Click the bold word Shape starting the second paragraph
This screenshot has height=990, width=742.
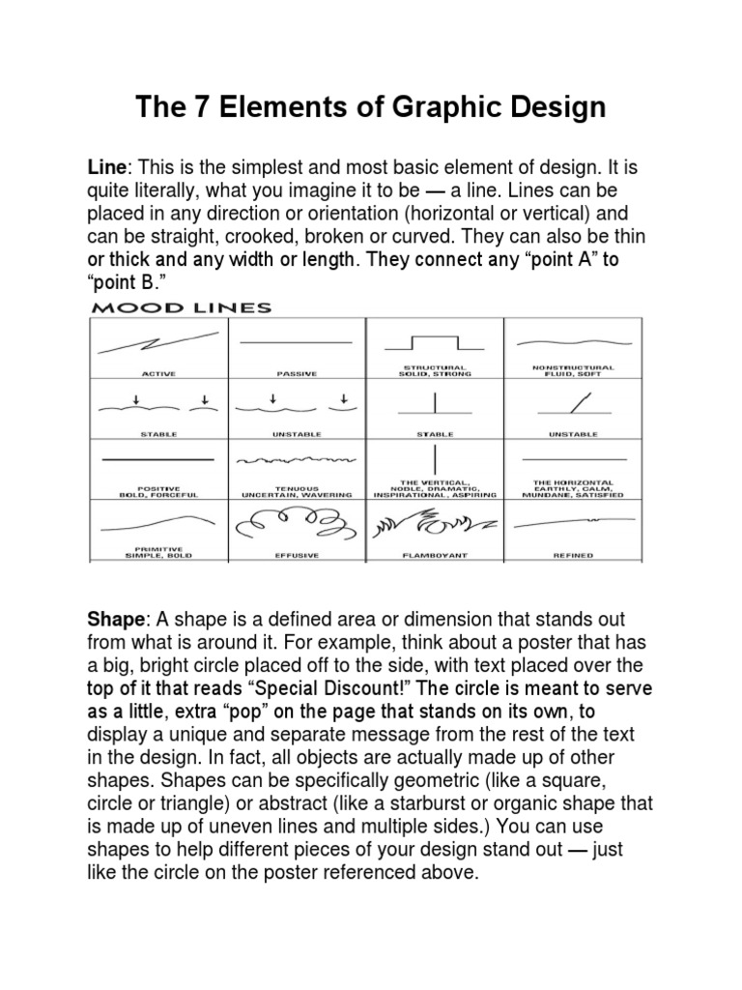pos(114,619)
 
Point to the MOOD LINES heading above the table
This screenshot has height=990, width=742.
pos(182,308)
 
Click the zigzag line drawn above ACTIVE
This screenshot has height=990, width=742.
pos(158,343)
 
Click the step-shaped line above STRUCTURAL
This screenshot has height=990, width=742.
pos(435,343)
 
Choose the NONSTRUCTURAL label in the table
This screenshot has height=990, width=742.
pos(573,367)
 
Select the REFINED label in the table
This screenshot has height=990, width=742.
pos(573,555)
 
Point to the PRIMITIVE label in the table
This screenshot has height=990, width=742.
pos(158,548)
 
